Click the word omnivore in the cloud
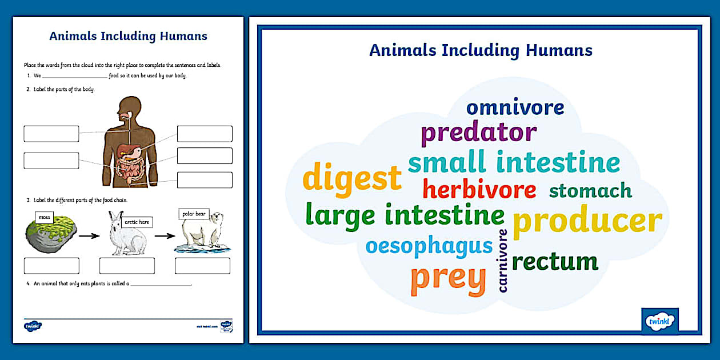click(x=515, y=107)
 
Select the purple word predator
click(x=478, y=133)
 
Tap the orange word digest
click(x=352, y=178)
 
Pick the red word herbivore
click(x=479, y=190)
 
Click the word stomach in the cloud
click(x=590, y=190)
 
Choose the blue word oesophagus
click(x=429, y=246)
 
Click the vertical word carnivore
click(x=503, y=261)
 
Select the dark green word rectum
click(x=554, y=262)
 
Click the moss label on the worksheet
click(x=45, y=217)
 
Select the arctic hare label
click(x=137, y=222)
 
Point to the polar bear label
click(x=194, y=214)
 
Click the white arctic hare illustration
click(x=127, y=235)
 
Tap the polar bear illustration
click(x=203, y=234)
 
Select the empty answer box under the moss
click(x=51, y=266)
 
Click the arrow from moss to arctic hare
click(x=89, y=235)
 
